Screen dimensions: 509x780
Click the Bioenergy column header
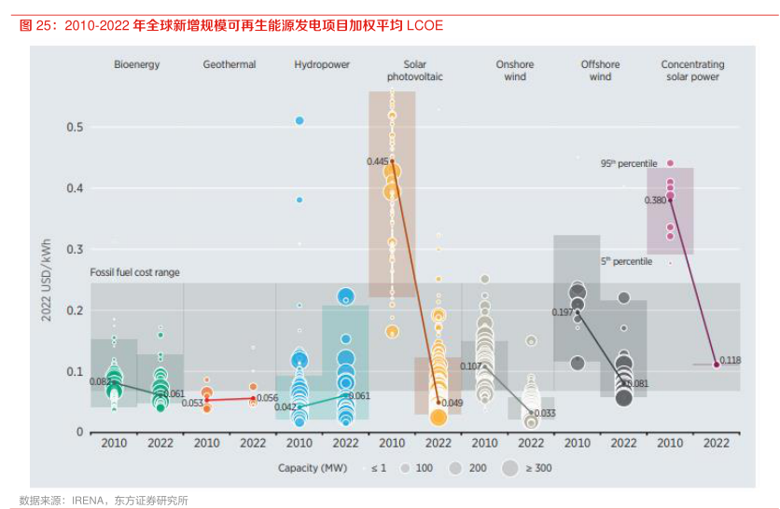[x=137, y=65]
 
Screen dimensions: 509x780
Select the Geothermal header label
[x=229, y=65]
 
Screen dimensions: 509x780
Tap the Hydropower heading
[x=322, y=65]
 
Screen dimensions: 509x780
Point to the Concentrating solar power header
[x=692, y=71]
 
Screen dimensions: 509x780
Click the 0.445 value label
[x=377, y=161]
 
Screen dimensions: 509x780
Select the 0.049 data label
[x=453, y=403]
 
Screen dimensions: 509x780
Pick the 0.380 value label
[x=655, y=200]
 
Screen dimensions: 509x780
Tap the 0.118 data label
[x=731, y=361]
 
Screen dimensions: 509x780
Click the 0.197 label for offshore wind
[x=563, y=311]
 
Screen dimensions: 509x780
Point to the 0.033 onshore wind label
[x=546, y=413]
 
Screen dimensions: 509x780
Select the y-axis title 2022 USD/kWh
[x=46, y=281]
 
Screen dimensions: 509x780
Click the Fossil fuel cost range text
[x=135, y=272]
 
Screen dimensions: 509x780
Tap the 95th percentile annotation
[x=629, y=163]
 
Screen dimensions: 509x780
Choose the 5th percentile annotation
[x=626, y=262]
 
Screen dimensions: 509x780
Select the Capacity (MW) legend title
[x=313, y=467]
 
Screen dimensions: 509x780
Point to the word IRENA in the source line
[x=87, y=501]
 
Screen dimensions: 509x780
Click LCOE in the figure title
[x=425, y=26]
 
